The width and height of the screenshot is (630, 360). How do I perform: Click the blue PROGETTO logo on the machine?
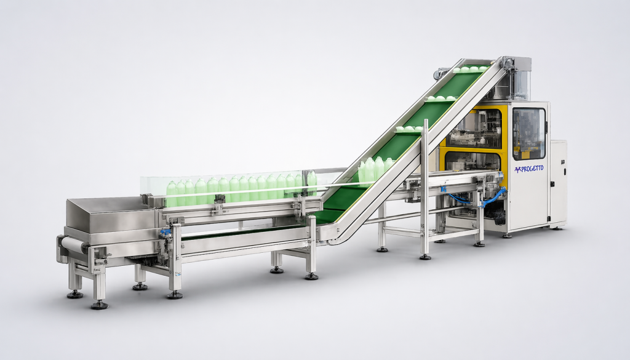(528, 169)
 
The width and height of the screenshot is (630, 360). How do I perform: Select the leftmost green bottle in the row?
(172, 194)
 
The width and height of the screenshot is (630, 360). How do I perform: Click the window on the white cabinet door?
(528, 134)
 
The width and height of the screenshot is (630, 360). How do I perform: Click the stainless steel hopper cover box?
(110, 214)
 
